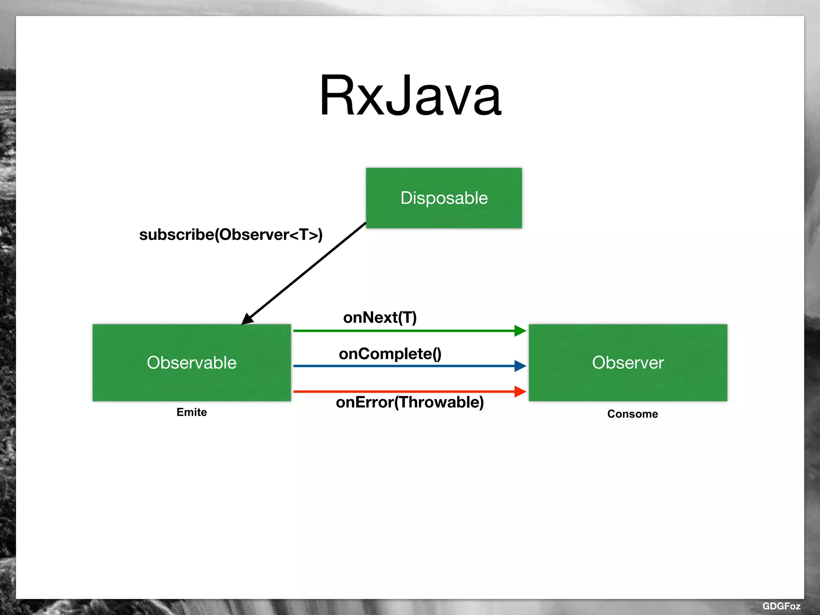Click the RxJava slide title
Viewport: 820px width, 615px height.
click(410, 96)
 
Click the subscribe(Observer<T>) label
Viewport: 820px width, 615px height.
click(231, 235)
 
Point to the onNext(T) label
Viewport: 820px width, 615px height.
click(380, 318)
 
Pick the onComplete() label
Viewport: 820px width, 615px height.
click(390, 354)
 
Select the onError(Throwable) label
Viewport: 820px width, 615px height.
click(410, 402)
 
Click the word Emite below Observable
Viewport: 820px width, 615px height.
click(191, 412)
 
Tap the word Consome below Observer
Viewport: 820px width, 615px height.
click(632, 414)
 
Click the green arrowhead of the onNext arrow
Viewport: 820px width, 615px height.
click(520, 331)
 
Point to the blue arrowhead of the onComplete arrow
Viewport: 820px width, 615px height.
click(520, 366)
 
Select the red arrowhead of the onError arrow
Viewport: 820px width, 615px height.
click(520, 391)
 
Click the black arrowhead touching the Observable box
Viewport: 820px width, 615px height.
click(247, 319)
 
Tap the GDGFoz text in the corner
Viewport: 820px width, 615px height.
click(781, 606)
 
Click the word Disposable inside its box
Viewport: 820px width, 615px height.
click(444, 198)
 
